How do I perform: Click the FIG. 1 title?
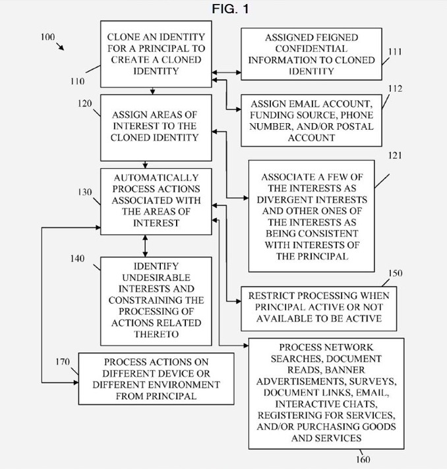(x=230, y=9)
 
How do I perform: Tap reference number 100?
(x=48, y=37)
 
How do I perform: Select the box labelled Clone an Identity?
(x=156, y=54)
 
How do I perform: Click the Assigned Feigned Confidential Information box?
(x=311, y=54)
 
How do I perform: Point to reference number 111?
(x=395, y=52)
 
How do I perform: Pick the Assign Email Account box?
(x=311, y=121)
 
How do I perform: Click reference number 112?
(x=395, y=88)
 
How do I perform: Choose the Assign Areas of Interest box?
(x=156, y=128)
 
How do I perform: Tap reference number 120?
(x=85, y=103)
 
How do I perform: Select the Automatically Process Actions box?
(x=156, y=202)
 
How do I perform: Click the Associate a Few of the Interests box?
(x=311, y=216)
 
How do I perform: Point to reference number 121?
(x=395, y=155)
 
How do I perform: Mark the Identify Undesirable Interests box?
(x=156, y=301)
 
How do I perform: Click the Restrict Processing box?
(x=319, y=309)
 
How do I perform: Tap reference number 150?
(x=395, y=273)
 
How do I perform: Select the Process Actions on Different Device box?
(x=156, y=379)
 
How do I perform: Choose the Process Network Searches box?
(x=326, y=394)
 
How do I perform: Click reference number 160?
(x=363, y=459)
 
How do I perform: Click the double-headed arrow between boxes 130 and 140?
(x=145, y=246)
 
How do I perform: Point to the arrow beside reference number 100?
(x=60, y=47)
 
